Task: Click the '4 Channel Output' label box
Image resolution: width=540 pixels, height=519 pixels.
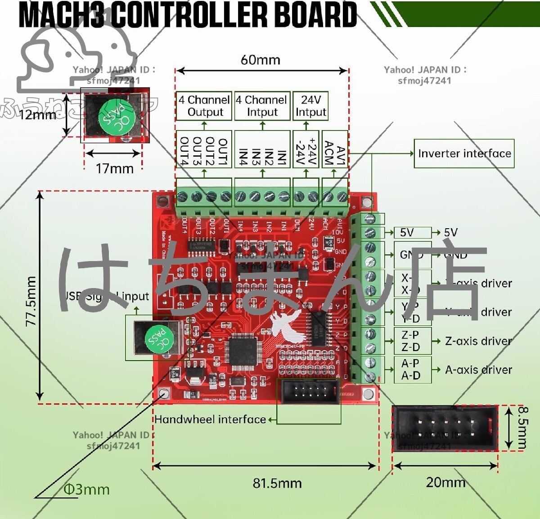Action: coord(204,106)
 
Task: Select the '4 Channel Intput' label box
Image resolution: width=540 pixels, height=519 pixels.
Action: coord(262,106)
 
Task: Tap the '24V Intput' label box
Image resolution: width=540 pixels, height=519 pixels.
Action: coord(310,106)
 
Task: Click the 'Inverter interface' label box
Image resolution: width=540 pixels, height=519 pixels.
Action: coord(464,153)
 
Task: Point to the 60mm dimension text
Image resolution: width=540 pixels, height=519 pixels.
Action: coord(260,60)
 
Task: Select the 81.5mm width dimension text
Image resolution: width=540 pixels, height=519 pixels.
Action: coord(277,483)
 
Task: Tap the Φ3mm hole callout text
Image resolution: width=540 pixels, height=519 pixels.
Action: coord(86,489)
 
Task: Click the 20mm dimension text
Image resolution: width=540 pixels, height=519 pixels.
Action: coord(445,482)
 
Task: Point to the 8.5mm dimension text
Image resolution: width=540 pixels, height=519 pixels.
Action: coord(522,428)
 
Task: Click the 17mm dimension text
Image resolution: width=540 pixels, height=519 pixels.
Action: coord(114,169)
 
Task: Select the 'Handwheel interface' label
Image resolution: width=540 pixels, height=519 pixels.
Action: coord(210,420)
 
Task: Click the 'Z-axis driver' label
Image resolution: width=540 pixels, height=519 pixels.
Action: coord(478,341)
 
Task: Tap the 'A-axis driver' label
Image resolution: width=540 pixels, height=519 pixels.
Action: coord(478,370)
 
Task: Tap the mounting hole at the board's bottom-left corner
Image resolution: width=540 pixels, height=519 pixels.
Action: coord(164,394)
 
